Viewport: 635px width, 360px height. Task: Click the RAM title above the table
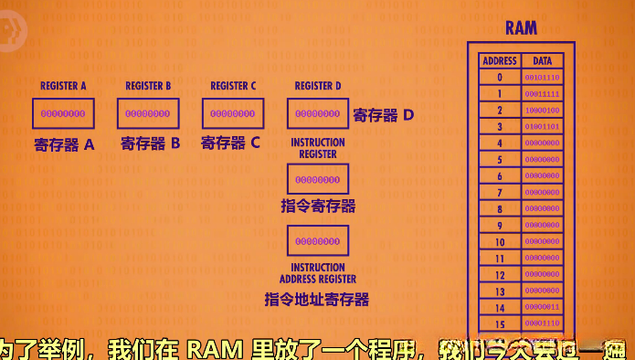[521, 28]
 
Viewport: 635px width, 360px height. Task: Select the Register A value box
[63, 113]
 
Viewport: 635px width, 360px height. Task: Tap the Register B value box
[147, 113]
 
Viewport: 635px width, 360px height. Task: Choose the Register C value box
[232, 113]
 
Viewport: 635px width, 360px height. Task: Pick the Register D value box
[318, 113]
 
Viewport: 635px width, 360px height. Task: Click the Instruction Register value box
[318, 179]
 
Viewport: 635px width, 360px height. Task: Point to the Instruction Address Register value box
[318, 241]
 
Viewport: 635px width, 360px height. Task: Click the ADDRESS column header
[499, 61]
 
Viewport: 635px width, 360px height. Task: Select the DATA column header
[542, 61]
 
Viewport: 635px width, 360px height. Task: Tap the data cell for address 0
[542, 78]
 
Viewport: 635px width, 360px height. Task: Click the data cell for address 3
[542, 127]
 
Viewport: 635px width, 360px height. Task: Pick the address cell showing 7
[500, 193]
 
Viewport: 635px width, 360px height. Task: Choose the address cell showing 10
[500, 242]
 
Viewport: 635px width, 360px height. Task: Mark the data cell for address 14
[542, 308]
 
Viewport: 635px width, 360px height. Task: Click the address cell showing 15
[500, 324]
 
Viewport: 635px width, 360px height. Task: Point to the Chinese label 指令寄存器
[318, 206]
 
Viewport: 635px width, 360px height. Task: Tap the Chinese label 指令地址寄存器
[317, 299]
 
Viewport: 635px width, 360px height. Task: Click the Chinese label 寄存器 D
[384, 115]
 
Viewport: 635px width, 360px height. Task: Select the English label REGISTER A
[63, 86]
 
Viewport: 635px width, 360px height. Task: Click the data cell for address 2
[542, 111]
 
